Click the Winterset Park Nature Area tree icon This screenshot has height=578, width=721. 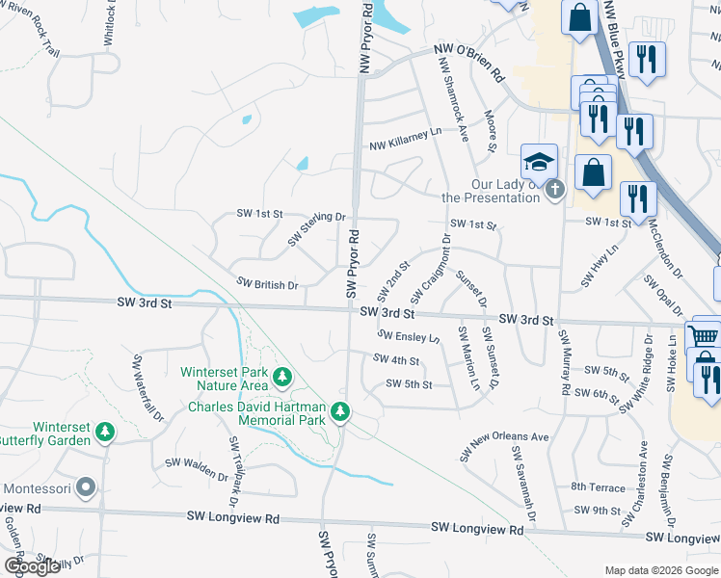[x=282, y=377]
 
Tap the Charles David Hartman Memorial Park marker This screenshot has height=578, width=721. [x=339, y=412]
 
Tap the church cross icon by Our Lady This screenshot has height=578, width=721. [x=553, y=191]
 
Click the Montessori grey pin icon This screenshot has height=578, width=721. [x=87, y=488]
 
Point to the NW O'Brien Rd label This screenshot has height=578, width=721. [x=468, y=60]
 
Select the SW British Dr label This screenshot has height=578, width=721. [x=268, y=284]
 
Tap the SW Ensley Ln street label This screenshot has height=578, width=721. [x=409, y=337]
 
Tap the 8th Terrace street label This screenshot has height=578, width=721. [x=598, y=487]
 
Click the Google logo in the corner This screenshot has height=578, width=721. [x=32, y=566]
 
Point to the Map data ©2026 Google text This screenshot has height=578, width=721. [x=661, y=570]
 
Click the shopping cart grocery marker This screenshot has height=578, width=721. [x=705, y=337]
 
